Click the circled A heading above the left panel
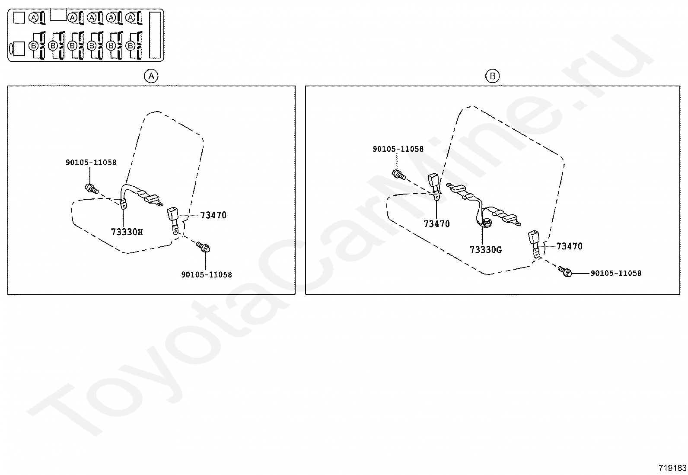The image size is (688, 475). (151, 77)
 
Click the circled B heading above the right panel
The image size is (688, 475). (492, 77)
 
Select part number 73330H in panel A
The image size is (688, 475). (127, 232)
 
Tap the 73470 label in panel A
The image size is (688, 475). (213, 215)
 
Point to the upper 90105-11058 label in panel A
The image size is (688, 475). (91, 163)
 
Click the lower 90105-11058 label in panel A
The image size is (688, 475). (207, 274)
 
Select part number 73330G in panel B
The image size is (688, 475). (486, 250)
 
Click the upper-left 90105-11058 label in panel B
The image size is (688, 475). (398, 149)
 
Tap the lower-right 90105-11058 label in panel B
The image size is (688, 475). (616, 273)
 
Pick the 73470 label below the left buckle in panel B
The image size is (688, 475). (436, 224)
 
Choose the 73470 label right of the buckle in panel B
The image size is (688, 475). (569, 246)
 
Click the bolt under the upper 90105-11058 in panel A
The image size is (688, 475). (92, 188)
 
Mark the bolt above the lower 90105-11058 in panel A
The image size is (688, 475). (203, 247)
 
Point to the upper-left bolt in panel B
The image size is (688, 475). (398, 175)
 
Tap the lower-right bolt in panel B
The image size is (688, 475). (565, 271)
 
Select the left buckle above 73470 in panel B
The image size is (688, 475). (433, 180)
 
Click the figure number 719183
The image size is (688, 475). (672, 468)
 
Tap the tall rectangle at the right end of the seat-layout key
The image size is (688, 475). (155, 35)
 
